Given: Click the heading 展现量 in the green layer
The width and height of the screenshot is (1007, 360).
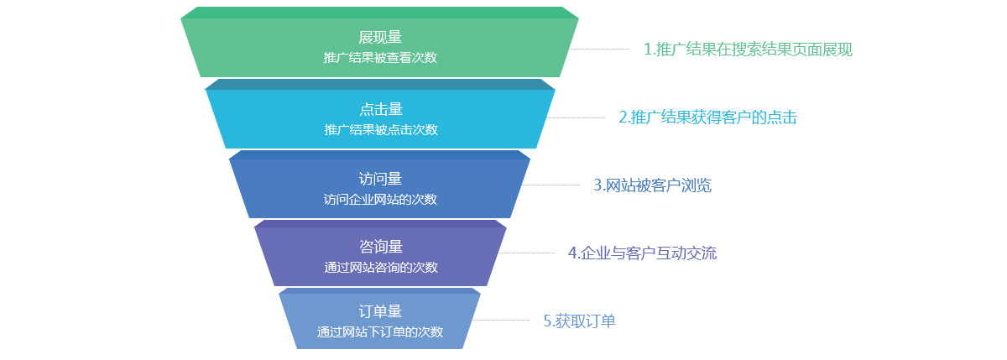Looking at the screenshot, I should (380, 38).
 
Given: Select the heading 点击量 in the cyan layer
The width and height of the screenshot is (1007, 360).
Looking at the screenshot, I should (380, 109).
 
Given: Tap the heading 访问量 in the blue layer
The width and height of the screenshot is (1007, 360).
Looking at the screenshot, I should (380, 179).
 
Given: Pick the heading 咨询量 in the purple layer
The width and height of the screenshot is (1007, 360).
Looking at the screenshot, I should (380, 247).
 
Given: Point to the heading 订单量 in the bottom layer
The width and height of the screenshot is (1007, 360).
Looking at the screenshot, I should (380, 312).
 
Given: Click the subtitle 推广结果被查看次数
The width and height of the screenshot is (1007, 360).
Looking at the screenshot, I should (380, 58).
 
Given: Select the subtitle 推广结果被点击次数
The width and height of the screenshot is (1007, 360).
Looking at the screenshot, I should (380, 130).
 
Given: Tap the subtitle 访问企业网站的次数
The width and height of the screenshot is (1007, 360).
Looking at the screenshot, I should (380, 200).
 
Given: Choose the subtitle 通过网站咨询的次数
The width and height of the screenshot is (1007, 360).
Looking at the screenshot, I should (380, 268).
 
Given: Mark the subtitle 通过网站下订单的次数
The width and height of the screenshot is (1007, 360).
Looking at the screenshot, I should (380, 332).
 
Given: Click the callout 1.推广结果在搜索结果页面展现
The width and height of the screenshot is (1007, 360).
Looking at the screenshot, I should (748, 50).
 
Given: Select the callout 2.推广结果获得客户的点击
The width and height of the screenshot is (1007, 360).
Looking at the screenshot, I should (707, 117).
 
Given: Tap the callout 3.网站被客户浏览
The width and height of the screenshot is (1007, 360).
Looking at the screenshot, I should (652, 185).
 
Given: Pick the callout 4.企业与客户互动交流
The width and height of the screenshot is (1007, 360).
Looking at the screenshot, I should (642, 253).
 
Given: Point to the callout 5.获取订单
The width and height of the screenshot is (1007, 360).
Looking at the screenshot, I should (579, 321).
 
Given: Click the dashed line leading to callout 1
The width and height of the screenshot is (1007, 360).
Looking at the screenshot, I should (600, 49).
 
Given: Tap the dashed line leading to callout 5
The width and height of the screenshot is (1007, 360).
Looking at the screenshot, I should (501, 320).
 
